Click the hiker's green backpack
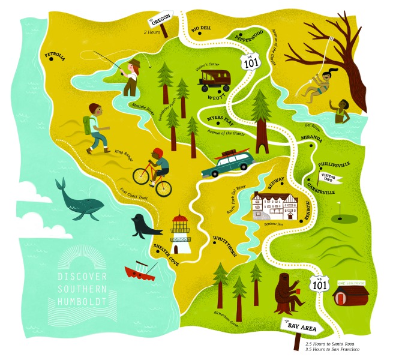[90, 125]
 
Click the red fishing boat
[140, 271]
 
